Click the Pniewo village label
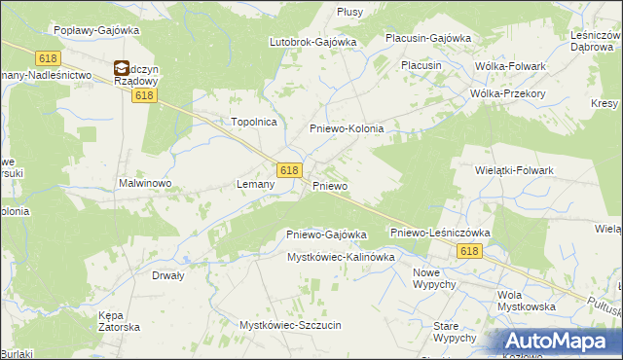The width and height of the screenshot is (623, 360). [x=330, y=185]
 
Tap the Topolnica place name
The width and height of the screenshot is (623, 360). [x=254, y=122]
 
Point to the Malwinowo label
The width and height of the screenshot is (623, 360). [x=145, y=182]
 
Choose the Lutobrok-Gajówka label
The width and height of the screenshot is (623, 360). [x=313, y=42]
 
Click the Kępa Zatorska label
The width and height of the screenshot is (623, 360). [x=120, y=321]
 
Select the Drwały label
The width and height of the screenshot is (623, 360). [x=168, y=275]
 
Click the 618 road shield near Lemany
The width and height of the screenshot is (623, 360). [x=288, y=169]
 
